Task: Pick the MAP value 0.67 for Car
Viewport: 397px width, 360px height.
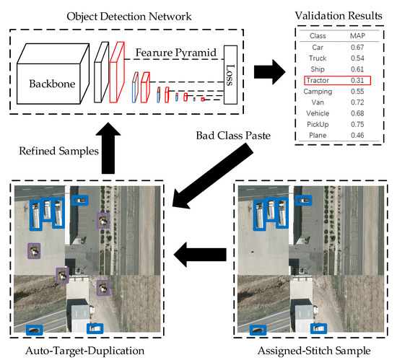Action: tap(358, 47)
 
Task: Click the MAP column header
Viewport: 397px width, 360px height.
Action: tap(358, 35)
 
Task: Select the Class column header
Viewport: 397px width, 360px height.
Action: tap(318, 35)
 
